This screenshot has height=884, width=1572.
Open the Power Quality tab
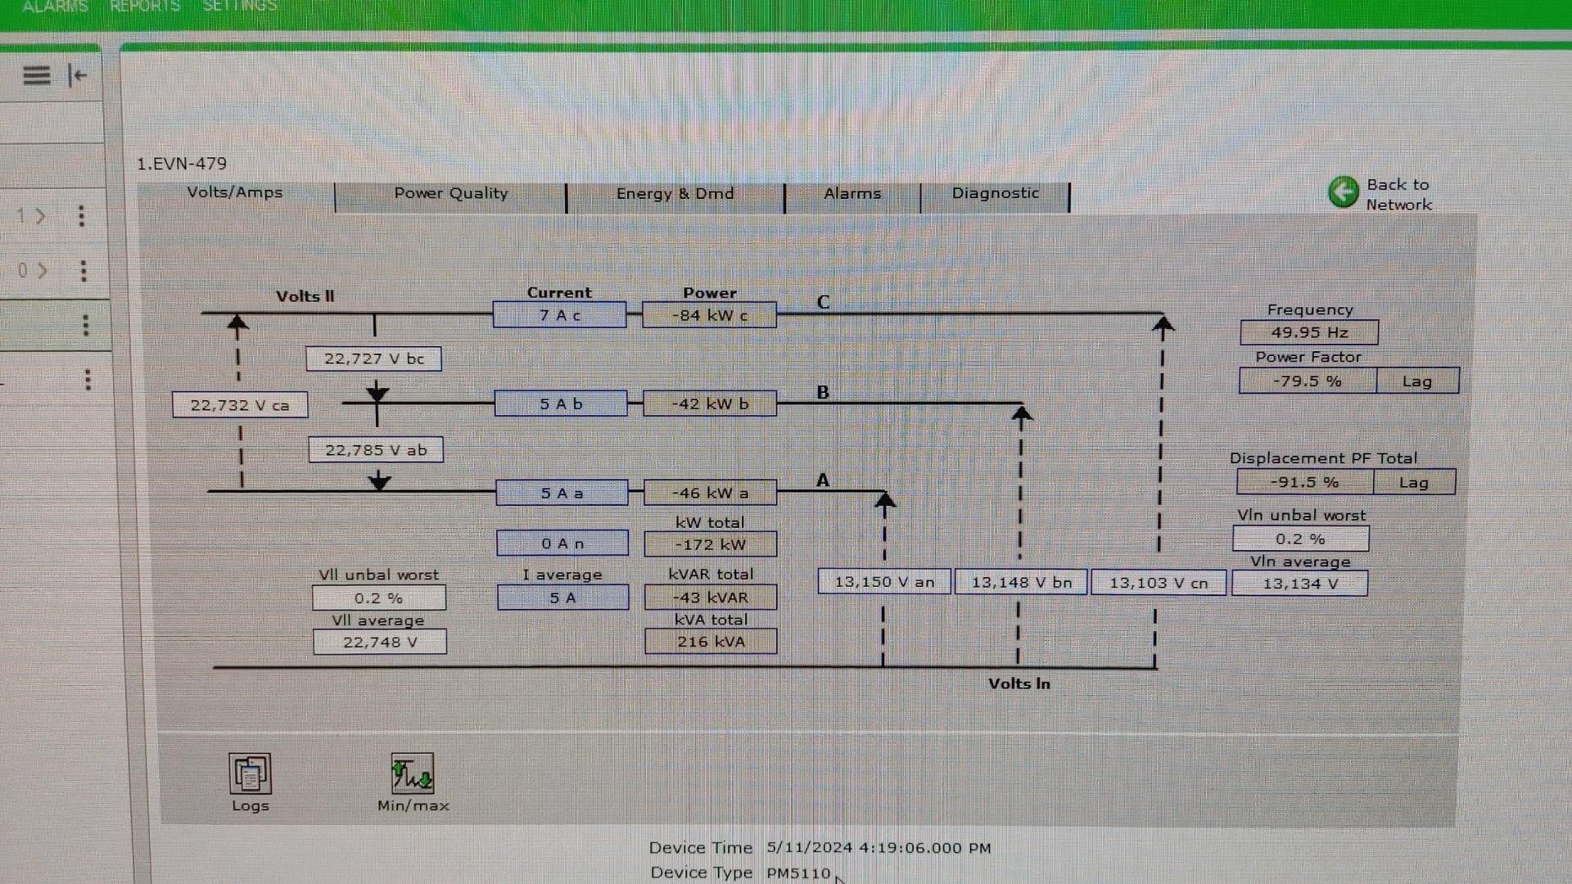(450, 195)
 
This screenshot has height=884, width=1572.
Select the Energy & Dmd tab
(675, 195)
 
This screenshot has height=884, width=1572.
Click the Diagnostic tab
(995, 194)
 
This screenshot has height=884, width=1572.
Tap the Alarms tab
(852, 195)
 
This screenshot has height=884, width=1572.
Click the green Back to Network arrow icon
(1343, 193)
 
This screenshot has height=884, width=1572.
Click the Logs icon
(250, 774)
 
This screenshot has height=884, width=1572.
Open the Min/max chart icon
(413, 774)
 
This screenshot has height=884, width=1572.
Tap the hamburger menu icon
(36, 75)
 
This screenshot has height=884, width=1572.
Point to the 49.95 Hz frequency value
(1308, 333)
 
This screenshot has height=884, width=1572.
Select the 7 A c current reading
(560, 316)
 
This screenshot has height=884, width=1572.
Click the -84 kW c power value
(709, 316)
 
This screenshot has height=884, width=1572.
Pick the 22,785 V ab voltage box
(376, 450)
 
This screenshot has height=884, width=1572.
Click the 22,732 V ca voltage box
(240, 405)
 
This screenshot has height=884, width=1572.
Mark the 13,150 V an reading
(884, 582)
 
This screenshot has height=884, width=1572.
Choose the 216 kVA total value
(711, 643)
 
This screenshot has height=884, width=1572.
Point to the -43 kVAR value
(711, 598)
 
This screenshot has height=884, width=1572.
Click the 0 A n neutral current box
(562, 544)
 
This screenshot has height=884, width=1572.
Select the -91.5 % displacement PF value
(1304, 483)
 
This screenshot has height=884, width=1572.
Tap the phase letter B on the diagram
(823, 393)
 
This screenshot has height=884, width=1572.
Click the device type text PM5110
(798, 873)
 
